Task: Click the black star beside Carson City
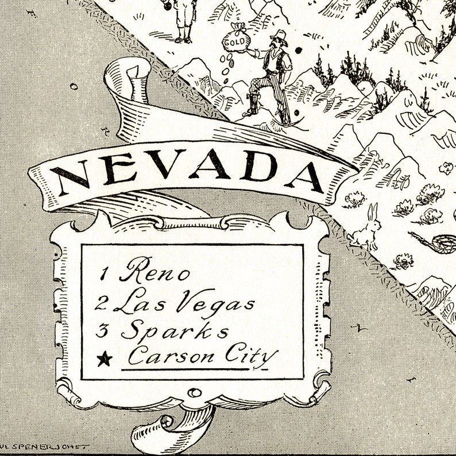coord(104,360)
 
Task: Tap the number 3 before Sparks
coord(104,332)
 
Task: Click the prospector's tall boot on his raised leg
coord(253,103)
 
